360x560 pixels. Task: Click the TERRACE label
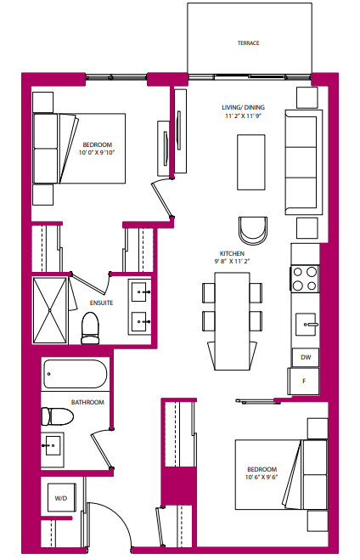point(248,42)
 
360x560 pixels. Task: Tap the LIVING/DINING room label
point(244,107)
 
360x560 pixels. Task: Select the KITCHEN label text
point(232,254)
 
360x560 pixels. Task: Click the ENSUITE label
point(101,303)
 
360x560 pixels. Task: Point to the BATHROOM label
point(87,402)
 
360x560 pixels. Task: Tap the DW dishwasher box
point(306,358)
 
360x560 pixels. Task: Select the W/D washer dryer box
point(60,498)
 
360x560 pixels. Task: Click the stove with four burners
point(305,280)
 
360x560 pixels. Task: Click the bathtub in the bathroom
point(75,375)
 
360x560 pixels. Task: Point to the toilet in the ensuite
point(90,328)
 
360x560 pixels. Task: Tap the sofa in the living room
point(303,161)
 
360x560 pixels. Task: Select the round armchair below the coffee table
point(252,229)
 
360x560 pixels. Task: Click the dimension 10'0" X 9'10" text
point(98,153)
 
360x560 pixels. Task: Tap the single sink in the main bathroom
point(53,445)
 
